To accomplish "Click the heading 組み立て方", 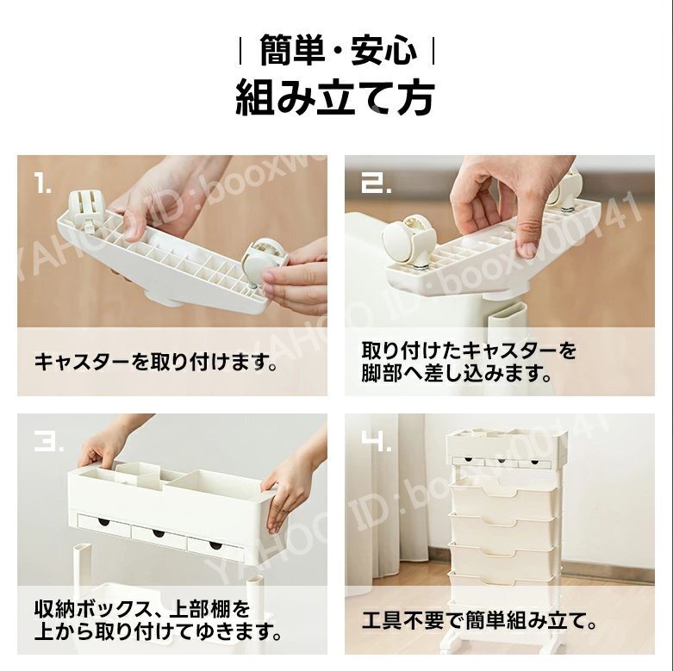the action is coord(336,98).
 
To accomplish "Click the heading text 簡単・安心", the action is coord(338,50).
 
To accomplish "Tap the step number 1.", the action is coord(42,183).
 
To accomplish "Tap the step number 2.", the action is coord(376,183).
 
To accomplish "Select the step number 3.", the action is coord(49,442).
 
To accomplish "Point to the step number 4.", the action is coord(376,442).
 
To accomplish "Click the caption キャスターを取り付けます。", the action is coord(156,362).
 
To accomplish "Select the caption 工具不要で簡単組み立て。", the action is coord(480,620).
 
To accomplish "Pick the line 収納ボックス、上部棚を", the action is coord(142,609).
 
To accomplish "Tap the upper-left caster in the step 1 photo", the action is coord(85,210).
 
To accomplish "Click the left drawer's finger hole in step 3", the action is coord(103,522).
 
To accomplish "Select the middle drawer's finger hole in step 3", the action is coord(158,533).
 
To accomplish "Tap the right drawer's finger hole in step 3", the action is coord(215,546).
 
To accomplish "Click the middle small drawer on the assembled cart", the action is coord(501,463).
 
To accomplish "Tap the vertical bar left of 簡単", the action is coord(240,52).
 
